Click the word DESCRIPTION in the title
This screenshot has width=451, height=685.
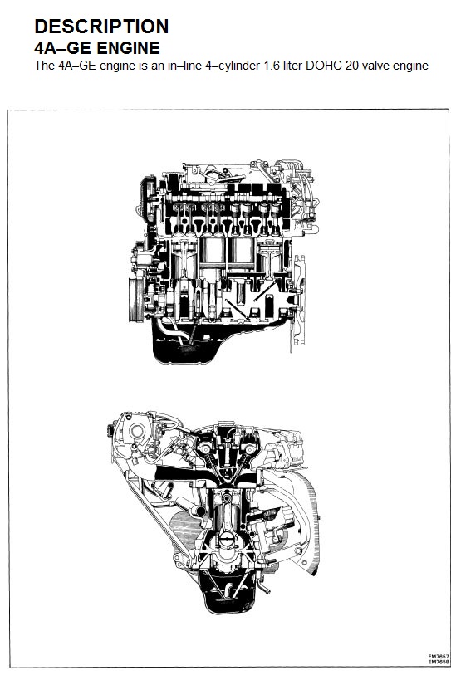tap(101, 27)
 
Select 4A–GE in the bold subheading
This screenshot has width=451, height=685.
tap(62, 47)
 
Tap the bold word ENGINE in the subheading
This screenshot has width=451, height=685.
tap(128, 47)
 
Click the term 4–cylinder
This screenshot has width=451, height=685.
tap(233, 66)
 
